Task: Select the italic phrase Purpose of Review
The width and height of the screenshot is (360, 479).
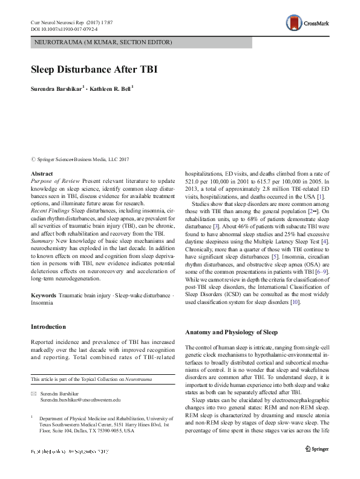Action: point(54,182)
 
